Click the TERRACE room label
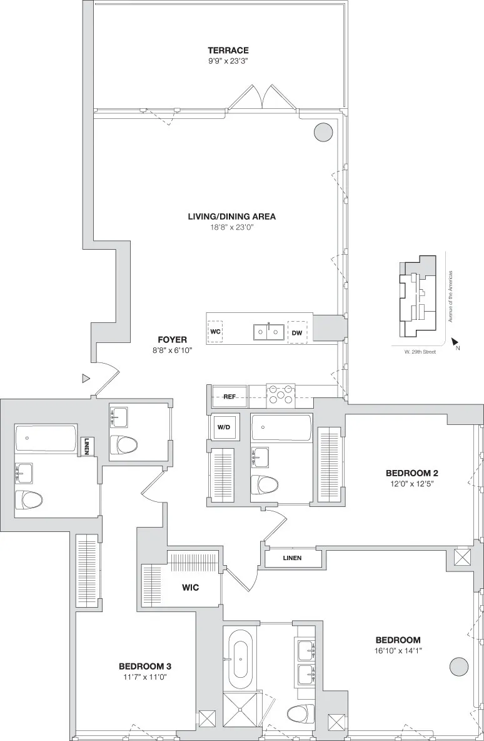point(228,50)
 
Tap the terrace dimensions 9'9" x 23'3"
point(228,61)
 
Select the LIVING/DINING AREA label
point(231,217)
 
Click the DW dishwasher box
point(296,332)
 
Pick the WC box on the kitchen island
point(216,330)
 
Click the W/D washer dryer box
point(223,427)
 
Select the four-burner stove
point(281,397)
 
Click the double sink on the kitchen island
point(268,332)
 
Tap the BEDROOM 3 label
point(145,666)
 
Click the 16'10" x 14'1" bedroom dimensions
point(398,651)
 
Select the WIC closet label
point(191,588)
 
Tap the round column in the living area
point(323,131)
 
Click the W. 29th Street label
point(419,352)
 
